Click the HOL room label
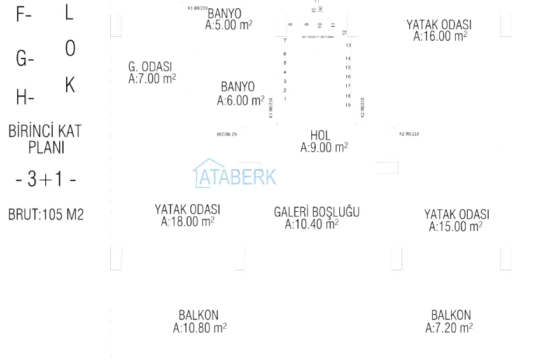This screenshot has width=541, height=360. pos(320,135)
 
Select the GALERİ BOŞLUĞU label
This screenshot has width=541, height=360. pos(316,212)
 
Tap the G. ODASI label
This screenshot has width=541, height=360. pos(150,67)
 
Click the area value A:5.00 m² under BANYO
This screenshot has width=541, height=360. pos(228,25)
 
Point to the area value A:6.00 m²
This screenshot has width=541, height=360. pos(240,100)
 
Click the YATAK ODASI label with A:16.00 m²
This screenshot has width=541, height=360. pos(439,25)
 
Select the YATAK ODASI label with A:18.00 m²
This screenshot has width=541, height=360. pos(187,209)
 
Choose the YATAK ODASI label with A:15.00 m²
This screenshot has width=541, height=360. pos(457,214)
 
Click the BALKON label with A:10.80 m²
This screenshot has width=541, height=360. pos(199,315)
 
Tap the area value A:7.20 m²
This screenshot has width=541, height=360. pos(449,328)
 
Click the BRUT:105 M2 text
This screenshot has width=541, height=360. pos(46,215)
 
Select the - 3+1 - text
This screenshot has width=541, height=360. pos(46,180)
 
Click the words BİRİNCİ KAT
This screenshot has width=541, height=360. pos(45,132)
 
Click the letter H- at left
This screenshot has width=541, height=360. pos(25,98)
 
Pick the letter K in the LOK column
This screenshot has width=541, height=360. pos(70,85)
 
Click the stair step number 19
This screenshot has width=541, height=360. pos(348,105)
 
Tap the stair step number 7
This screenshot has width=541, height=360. pos(285,40)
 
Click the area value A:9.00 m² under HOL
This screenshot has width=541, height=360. pos(324,148)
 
